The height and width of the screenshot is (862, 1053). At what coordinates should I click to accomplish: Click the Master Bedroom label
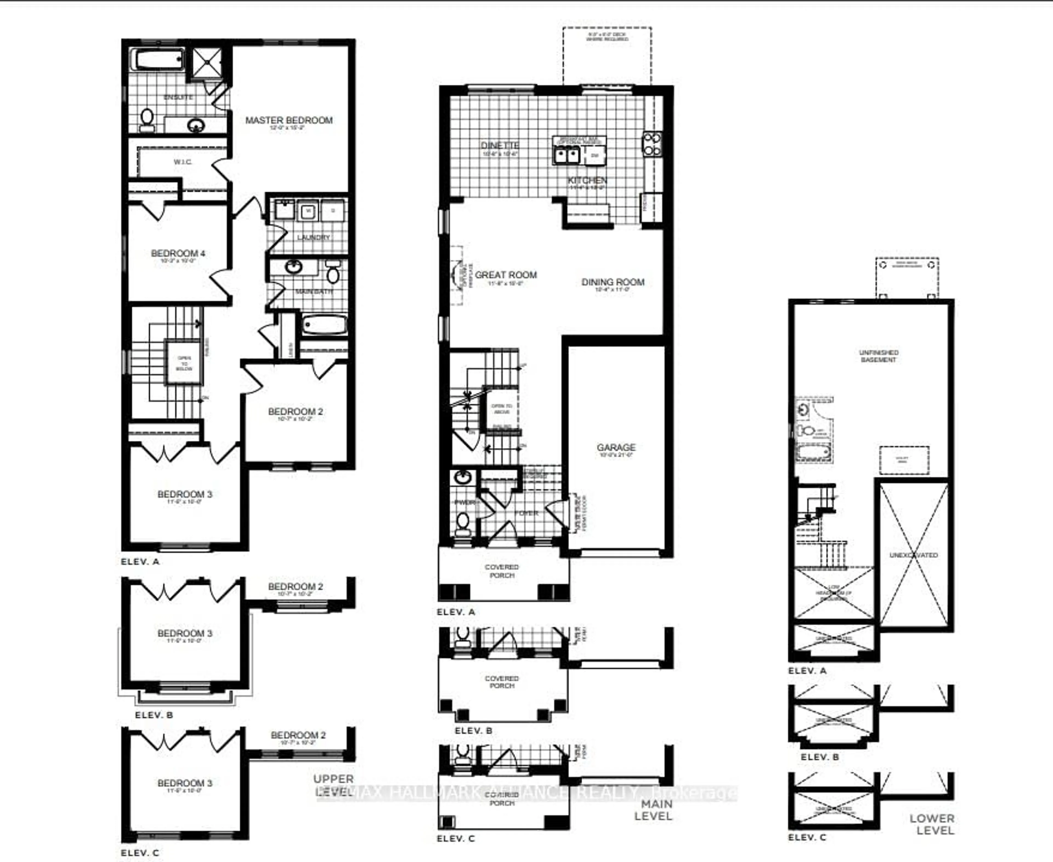coord(288,120)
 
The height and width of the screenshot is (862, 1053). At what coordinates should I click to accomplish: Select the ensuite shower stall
coord(207,62)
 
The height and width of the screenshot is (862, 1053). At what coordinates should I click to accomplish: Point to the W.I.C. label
coord(183,162)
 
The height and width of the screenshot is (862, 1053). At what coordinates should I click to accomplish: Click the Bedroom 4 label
coord(178,253)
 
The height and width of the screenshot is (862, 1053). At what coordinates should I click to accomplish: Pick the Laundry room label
coord(313,237)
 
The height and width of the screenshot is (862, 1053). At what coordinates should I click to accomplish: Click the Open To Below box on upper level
coord(184,363)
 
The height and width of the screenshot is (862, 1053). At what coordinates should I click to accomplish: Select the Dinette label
coord(500,146)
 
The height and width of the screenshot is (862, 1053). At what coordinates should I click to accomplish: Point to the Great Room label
coord(506,275)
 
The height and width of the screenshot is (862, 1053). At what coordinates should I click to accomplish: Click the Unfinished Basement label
coord(878,355)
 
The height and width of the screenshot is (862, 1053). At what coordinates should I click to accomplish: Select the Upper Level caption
coord(333,785)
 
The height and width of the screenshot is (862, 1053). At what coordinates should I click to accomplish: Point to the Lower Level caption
coord(932,824)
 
